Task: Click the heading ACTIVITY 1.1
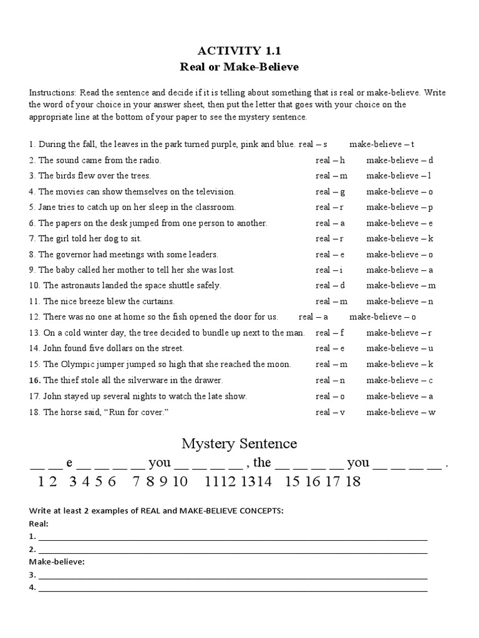239,50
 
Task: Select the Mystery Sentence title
239,444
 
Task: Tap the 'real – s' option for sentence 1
313,144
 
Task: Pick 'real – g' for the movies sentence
331,191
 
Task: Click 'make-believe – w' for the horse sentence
400,412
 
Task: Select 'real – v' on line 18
330,412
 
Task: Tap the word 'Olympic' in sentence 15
77,364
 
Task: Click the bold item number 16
34,380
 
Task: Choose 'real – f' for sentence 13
330,333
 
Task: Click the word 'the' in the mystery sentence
262,462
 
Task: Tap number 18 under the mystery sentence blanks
353,482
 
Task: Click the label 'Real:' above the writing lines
39,524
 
